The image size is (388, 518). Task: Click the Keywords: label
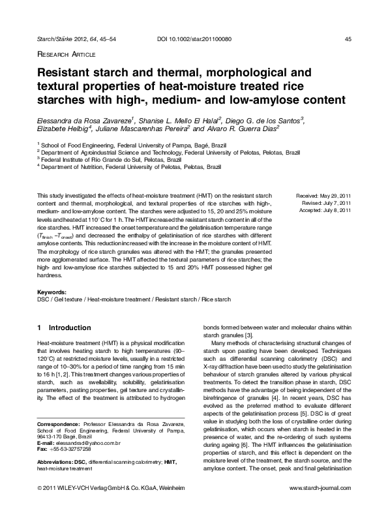[52, 292]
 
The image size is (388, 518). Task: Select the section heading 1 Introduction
[65, 327]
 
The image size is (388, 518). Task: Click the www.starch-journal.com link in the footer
[320, 506]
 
